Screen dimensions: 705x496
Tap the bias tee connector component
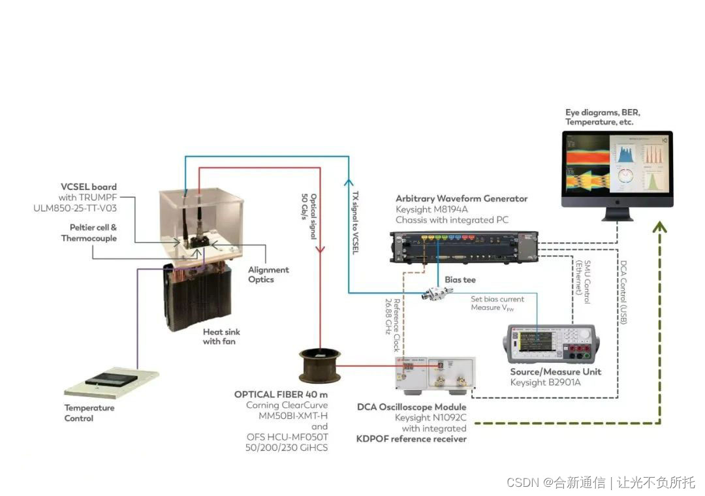437,293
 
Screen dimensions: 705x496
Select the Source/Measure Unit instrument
553,344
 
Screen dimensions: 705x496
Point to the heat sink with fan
198,297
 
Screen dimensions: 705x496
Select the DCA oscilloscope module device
435,373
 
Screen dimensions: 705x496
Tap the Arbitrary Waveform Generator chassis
464,247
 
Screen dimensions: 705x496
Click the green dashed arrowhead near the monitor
659,226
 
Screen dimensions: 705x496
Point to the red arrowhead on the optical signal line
320,248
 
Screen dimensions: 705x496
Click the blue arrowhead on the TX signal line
349,183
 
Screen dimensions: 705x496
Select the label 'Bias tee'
460,280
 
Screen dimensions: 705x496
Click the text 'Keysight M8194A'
431,209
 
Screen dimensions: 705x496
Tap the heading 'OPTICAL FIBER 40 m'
281,394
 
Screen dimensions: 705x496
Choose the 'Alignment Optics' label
268,274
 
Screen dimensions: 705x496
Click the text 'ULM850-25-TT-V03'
75,208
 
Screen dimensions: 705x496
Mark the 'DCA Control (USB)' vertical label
623,292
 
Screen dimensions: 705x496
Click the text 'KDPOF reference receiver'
411,439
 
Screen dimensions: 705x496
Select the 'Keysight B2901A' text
545,382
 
